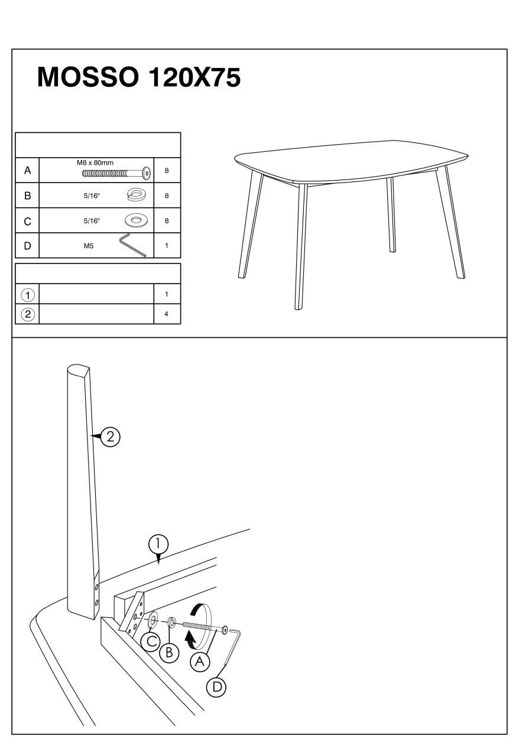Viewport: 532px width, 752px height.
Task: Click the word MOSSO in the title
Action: point(87,77)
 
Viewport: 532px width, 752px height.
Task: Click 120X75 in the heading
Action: point(194,77)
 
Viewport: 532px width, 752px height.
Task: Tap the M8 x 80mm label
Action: point(95,163)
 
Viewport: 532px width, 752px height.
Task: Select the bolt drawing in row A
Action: point(116,173)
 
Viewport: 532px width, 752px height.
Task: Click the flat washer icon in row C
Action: point(135,220)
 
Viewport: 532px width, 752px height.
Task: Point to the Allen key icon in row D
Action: point(132,245)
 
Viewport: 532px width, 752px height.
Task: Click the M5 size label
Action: point(89,246)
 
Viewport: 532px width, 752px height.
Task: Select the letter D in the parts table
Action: point(28,246)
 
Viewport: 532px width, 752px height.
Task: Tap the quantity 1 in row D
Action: point(167,246)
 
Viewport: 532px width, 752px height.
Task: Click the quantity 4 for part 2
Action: point(166,314)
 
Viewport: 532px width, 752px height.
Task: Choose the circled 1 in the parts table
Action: point(28,295)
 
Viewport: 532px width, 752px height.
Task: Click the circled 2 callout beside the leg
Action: point(110,437)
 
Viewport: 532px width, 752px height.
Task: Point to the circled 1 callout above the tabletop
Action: point(158,544)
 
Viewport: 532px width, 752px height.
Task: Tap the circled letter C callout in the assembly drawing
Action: point(150,642)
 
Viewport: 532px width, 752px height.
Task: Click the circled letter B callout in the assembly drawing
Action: point(169,653)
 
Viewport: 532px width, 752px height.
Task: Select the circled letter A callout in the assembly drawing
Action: point(200,662)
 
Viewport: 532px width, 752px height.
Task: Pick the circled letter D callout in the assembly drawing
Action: point(216,687)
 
